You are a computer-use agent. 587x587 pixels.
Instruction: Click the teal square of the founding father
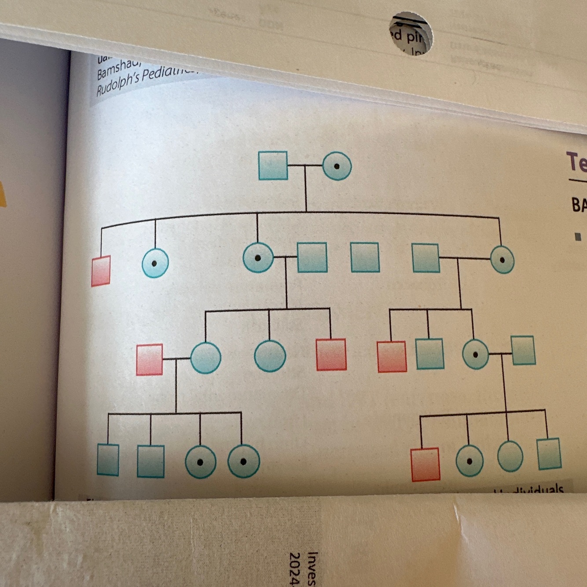[273, 165]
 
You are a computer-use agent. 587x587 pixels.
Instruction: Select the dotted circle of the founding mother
[337, 166]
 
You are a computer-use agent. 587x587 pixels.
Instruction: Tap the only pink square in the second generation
[101, 271]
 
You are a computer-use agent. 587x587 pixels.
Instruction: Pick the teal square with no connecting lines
[365, 257]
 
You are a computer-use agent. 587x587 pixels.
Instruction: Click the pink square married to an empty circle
[150, 360]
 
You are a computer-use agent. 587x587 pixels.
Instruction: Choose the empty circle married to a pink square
[205, 358]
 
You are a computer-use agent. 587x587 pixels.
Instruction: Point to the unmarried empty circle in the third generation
[270, 356]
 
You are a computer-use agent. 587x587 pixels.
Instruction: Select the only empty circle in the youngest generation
[510, 457]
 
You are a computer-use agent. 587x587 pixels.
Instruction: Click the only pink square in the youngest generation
[425, 464]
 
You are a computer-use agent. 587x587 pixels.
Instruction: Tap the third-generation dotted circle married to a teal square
[475, 354]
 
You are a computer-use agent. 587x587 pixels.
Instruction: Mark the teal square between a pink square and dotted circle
[429, 353]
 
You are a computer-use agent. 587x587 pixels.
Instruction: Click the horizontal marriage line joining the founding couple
[305, 166]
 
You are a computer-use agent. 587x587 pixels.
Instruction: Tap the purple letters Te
[576, 162]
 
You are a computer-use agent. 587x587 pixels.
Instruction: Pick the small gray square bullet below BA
[578, 237]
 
